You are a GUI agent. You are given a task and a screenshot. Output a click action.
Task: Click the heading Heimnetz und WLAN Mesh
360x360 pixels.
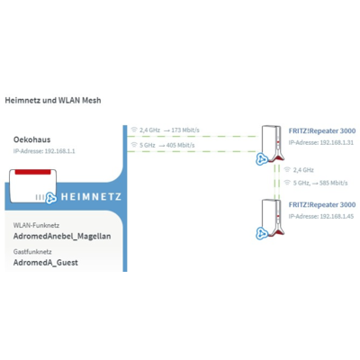[x=53, y=100]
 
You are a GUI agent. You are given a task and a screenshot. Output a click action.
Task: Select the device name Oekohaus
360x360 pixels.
[x=32, y=139]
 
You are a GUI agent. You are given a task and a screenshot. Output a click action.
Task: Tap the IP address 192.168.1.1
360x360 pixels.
[x=59, y=151]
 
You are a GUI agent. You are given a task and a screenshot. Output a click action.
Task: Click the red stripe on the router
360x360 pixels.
[x=32, y=172]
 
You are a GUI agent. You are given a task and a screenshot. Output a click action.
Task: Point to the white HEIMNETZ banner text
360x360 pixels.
[x=91, y=197]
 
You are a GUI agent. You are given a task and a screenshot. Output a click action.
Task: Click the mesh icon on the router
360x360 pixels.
[x=51, y=198]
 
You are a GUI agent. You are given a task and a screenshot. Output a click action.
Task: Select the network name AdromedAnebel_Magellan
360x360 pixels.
[x=62, y=236]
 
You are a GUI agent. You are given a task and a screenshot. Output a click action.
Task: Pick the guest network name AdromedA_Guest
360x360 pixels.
[x=46, y=263]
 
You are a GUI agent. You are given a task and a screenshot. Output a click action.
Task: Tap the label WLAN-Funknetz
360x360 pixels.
[x=36, y=225]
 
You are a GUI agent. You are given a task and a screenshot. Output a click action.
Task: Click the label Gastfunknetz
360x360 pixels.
[x=32, y=252]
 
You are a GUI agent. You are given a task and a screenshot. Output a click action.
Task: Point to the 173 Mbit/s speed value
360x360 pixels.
[x=185, y=130]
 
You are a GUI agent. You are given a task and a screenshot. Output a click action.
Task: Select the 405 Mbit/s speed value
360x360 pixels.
[x=181, y=145]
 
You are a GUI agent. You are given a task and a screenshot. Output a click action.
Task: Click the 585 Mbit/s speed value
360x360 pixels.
[x=334, y=183]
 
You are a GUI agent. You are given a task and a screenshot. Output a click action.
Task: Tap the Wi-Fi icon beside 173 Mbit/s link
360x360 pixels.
[x=134, y=130]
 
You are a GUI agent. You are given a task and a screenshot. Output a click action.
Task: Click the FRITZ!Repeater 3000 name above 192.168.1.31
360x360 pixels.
[x=322, y=130]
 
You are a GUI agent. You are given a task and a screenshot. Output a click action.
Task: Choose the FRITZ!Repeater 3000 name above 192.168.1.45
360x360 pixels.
[x=322, y=204]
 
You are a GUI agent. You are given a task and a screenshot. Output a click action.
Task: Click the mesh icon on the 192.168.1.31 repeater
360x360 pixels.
[x=262, y=159]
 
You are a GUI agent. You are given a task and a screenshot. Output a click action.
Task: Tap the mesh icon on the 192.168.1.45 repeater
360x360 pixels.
[x=262, y=233]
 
